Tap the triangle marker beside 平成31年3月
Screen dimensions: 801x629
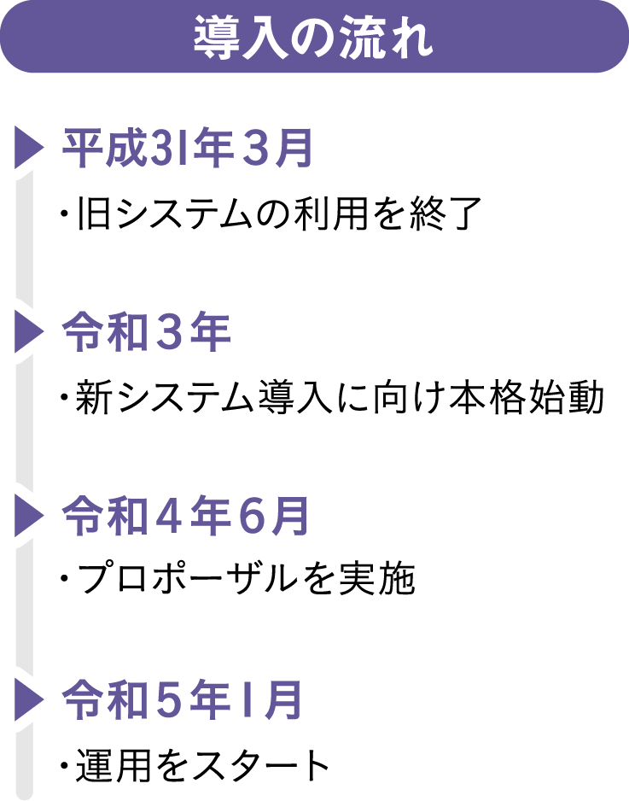27,148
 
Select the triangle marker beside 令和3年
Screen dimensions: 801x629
27,332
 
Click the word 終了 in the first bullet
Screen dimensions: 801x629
451,213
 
